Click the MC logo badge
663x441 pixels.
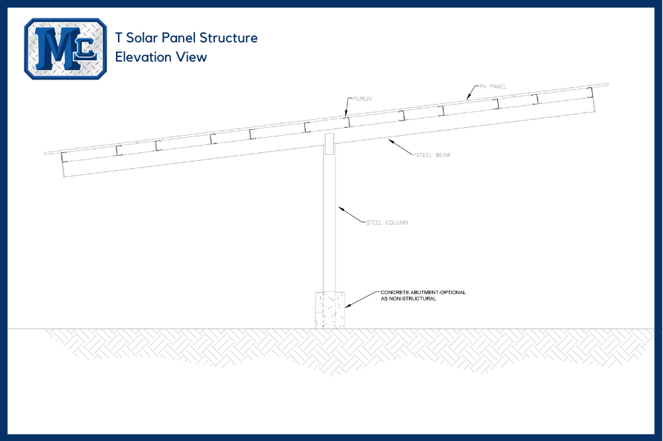coord(66,48)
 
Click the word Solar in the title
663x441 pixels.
coord(143,38)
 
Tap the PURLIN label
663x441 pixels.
coord(363,99)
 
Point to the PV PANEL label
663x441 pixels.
coord(493,87)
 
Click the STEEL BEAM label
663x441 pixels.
coord(433,155)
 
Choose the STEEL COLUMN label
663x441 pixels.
coord(387,222)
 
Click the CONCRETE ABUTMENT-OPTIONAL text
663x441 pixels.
coord(423,292)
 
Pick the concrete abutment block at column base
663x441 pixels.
coord(330,310)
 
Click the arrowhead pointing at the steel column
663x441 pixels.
coord(340,209)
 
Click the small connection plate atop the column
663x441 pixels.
coord(330,144)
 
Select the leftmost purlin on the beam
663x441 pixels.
coord(64,157)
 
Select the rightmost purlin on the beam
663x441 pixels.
coord(590,93)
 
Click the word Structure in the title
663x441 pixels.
coord(228,38)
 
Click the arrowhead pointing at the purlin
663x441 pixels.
coord(346,113)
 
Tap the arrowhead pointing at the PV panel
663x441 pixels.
coord(468,97)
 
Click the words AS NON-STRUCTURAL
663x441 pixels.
coord(408,299)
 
